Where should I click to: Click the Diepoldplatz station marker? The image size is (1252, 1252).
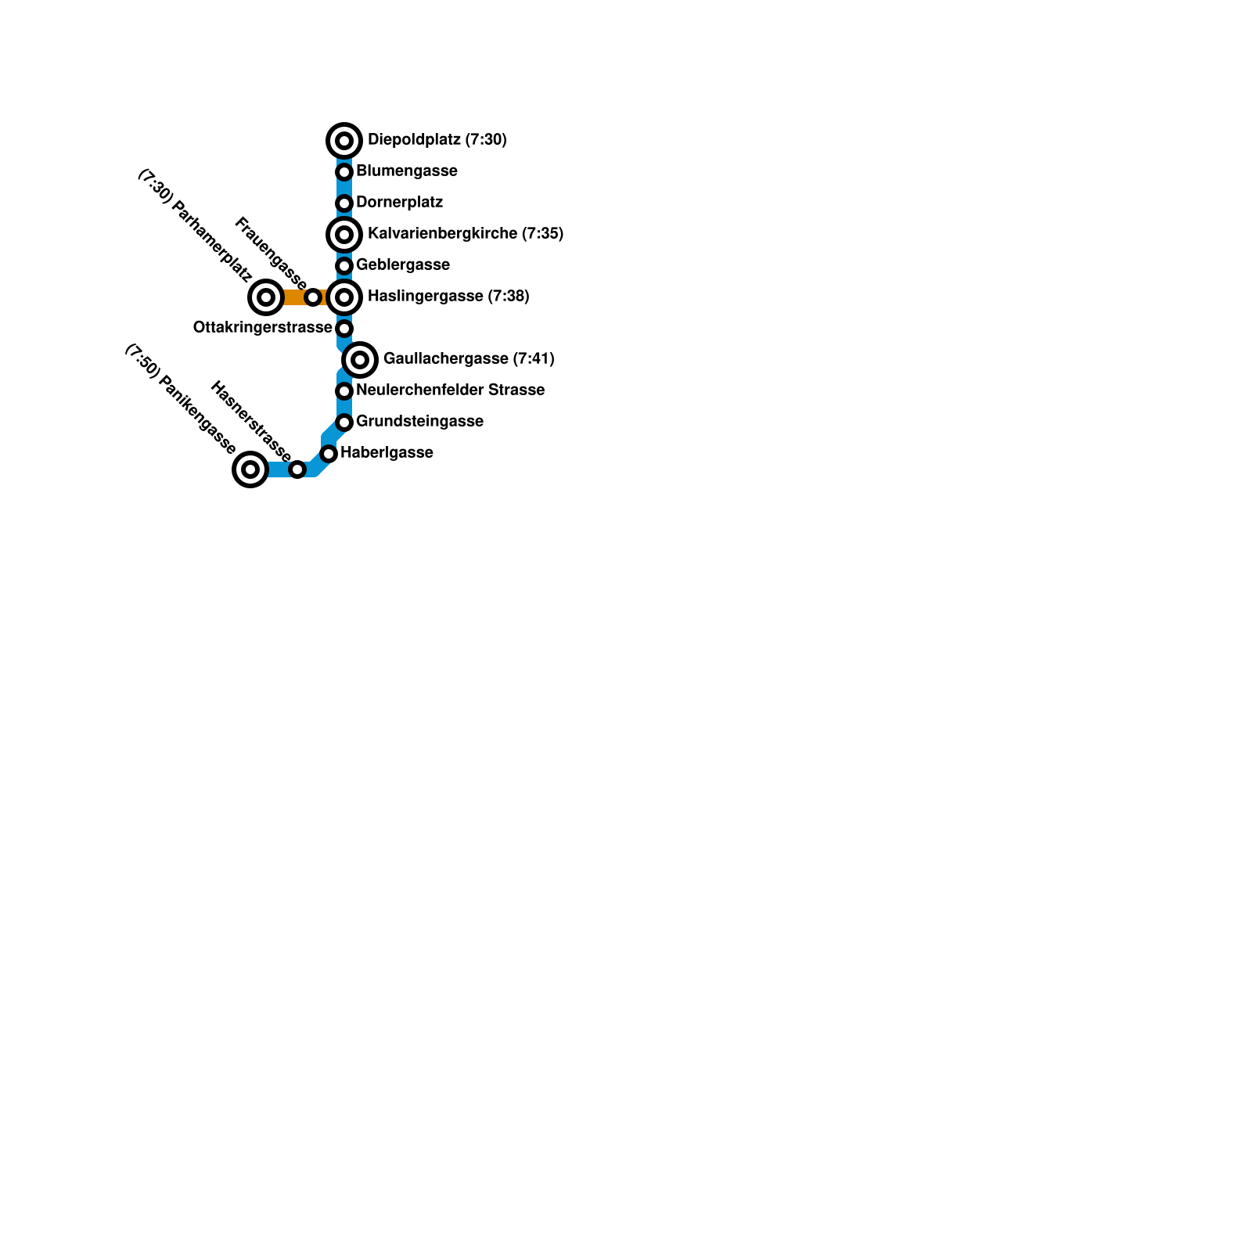tap(344, 141)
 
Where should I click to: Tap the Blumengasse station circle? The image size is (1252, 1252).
tap(344, 172)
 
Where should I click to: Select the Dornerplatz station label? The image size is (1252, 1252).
tap(399, 203)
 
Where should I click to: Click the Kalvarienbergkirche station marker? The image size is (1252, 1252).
tap(344, 235)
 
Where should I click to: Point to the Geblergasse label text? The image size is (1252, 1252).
tap(402, 265)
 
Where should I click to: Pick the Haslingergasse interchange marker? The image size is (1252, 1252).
tap(344, 297)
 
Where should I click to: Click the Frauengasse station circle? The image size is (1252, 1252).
tap(313, 297)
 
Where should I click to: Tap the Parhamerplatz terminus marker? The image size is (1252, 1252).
tap(266, 297)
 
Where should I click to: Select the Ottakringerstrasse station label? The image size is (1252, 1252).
tap(262, 328)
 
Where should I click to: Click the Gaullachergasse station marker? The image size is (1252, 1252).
tap(360, 360)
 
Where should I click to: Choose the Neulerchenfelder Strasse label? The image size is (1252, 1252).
tap(450, 390)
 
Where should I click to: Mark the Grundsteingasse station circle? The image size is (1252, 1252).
tap(344, 423)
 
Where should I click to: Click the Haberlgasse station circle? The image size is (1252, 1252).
tap(329, 454)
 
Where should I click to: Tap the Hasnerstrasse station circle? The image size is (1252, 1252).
tap(297, 469)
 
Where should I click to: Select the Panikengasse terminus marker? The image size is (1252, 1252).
tap(250, 469)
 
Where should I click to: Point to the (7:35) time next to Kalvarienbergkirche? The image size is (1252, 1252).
tap(542, 234)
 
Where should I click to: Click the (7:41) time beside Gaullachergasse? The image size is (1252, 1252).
tap(534, 359)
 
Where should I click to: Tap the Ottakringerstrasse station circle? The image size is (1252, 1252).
tap(344, 329)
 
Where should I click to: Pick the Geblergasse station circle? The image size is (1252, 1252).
tap(344, 266)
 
